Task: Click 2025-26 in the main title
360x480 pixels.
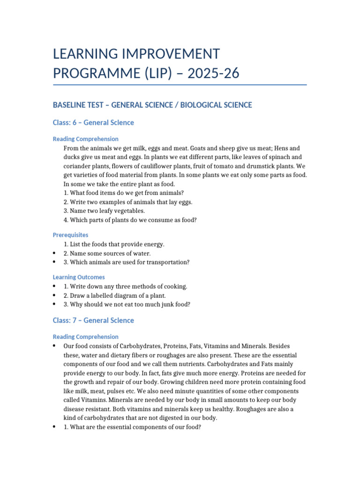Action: pyautogui.click(x=213, y=73)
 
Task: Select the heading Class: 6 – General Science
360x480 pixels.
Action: pyautogui.click(x=93, y=123)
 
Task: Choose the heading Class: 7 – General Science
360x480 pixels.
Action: pyautogui.click(x=93, y=321)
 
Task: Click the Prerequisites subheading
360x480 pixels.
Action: pyautogui.click(x=70, y=235)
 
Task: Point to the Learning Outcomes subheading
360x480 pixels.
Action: pyautogui.click(x=79, y=277)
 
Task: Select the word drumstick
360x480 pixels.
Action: pyautogui.click(x=255, y=166)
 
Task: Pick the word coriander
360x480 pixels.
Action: pyautogui.click(x=79, y=166)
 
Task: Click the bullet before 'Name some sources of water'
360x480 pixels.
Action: pyautogui.click(x=55, y=254)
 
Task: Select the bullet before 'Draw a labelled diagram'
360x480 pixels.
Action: pyautogui.click(x=55, y=295)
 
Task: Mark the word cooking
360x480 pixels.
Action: pyautogui.click(x=173, y=286)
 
